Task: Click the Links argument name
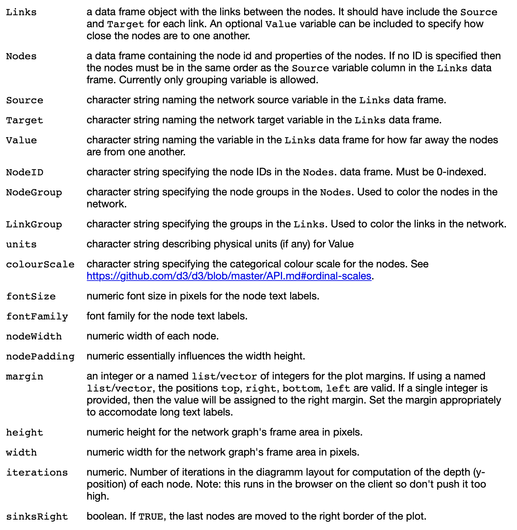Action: coord(21,12)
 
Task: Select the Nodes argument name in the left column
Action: coord(21,56)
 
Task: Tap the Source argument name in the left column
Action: coord(24,100)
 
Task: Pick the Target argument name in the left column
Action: coord(24,120)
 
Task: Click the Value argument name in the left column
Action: coord(21,141)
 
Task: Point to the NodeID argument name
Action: coord(24,173)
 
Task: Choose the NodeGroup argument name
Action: coord(34,193)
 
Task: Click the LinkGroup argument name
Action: coord(34,225)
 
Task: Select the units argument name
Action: coord(21,245)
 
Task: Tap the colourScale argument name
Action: coord(40,265)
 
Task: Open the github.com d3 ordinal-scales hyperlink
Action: coord(229,276)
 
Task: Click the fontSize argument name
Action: coord(31,297)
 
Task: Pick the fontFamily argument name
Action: coord(37,317)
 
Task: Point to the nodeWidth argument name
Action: coord(34,337)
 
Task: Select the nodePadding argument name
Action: coord(40,357)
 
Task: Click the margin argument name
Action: coord(24,377)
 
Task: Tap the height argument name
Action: coord(24,433)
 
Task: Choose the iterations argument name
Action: coord(37,473)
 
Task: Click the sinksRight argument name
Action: coord(37,517)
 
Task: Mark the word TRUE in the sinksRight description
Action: coord(150,517)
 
